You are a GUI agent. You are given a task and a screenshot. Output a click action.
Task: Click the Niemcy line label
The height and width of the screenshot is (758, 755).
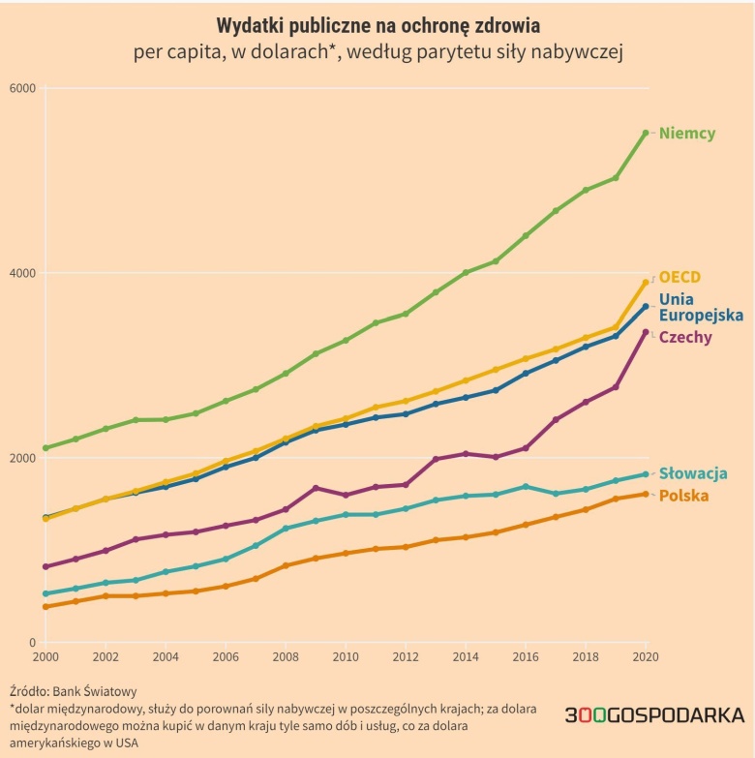pos(687,134)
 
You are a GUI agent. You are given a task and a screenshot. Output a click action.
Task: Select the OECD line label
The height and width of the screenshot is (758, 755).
pos(679,277)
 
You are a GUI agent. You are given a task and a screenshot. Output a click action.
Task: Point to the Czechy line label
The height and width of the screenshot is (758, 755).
pos(685,337)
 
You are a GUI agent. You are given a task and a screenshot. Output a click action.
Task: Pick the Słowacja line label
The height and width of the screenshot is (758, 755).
pos(693,473)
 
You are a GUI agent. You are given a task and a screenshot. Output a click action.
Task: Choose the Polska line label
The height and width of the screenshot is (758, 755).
pos(683,496)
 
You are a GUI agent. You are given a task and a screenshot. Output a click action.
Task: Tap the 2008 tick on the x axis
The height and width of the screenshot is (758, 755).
pos(286,656)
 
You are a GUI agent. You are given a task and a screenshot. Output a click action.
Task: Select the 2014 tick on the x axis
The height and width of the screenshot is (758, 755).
pos(466,656)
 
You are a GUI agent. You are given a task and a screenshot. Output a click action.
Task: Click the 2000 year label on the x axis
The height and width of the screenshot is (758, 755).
pos(45,656)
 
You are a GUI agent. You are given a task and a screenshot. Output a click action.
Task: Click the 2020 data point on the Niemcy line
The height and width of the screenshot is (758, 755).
pos(646,133)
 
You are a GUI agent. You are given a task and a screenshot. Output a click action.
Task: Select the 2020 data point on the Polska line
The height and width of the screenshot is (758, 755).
pos(646,494)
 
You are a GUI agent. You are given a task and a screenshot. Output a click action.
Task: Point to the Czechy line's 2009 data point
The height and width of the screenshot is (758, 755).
pos(316,488)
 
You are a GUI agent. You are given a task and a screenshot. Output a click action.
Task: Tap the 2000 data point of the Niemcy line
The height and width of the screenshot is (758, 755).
pos(45,448)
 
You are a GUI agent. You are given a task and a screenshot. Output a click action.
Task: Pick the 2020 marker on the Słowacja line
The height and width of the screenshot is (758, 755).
pos(646,474)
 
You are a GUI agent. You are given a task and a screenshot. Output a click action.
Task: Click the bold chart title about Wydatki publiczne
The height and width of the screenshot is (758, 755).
pos(377,23)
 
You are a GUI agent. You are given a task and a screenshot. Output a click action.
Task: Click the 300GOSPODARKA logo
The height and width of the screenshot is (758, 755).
pos(654,715)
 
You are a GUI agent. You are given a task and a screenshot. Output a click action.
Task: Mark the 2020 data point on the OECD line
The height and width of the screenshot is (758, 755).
pos(646,283)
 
